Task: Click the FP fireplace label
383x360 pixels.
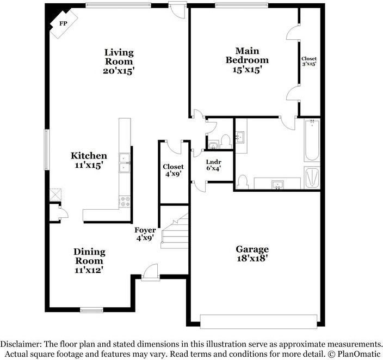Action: coord(63,23)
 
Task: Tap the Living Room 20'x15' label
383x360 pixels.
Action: coord(119,62)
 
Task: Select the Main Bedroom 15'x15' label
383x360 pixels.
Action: coord(247,60)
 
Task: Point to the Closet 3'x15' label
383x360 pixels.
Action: coord(309,61)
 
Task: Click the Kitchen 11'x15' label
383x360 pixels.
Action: coord(89,160)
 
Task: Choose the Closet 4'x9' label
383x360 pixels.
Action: coord(173,170)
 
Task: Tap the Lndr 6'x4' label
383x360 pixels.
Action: coord(214,165)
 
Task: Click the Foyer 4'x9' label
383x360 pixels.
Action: coord(145,234)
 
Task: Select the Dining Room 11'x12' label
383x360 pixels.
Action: coord(89,260)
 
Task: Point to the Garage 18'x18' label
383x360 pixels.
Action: coord(252,254)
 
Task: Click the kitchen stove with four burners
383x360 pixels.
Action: coord(125,202)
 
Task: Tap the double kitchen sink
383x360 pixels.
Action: coord(125,163)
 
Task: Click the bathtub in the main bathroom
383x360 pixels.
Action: coord(312,140)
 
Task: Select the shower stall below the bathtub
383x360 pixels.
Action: coord(312,178)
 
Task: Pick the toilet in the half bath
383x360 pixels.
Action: coord(225,142)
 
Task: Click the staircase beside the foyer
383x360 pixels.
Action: coord(175,231)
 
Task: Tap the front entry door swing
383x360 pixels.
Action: coord(151,271)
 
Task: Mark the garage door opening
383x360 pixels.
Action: coord(258,321)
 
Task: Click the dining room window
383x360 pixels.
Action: coord(91,310)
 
